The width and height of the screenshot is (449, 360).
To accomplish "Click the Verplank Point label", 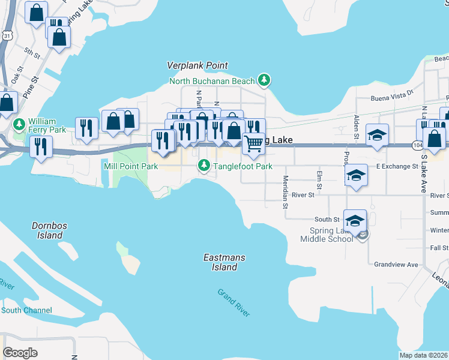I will (197, 65).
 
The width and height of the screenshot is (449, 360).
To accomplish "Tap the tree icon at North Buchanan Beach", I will (264, 80).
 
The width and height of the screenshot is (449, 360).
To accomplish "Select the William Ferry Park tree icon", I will (19, 124).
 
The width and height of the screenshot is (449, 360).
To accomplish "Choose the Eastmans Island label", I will (224, 262).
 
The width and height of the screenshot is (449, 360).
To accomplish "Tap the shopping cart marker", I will (253, 143).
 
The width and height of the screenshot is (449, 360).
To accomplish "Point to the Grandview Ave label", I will (396, 264).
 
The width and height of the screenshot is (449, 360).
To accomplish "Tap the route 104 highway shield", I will (418, 145).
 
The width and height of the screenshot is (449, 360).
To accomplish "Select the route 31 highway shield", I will (6, 36).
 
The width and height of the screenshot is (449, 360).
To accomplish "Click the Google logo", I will (20, 352).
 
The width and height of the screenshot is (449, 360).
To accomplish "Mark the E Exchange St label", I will (397, 166).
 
